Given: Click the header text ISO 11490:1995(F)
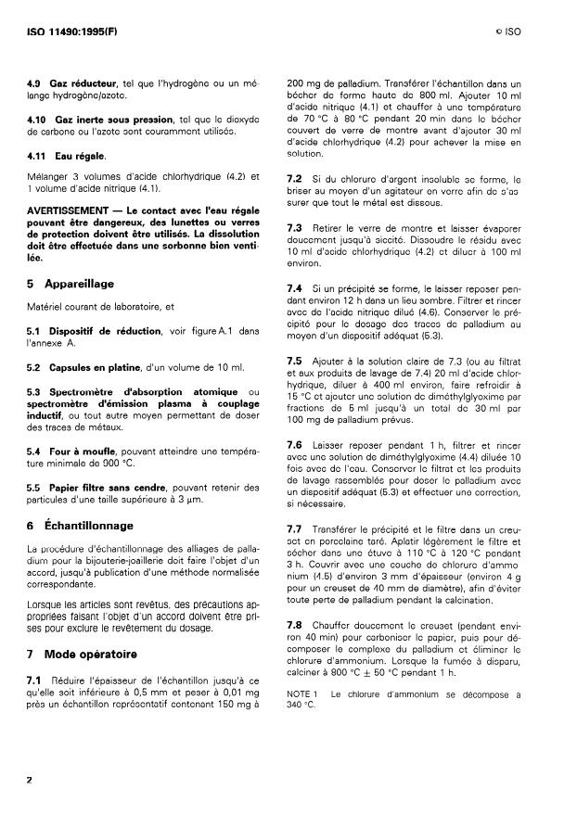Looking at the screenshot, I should pos(71,32).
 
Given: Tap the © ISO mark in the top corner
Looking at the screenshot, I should pos(508,32).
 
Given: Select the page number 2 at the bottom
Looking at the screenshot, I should pos(31,780).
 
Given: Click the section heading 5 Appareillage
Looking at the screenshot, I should pos(72,284).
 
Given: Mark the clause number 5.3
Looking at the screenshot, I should pos(36,392).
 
